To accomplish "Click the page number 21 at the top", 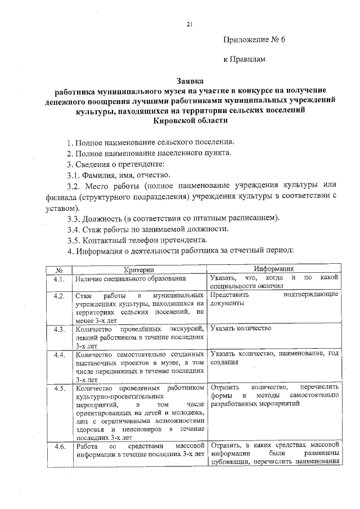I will pyautogui.click(x=190, y=24).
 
